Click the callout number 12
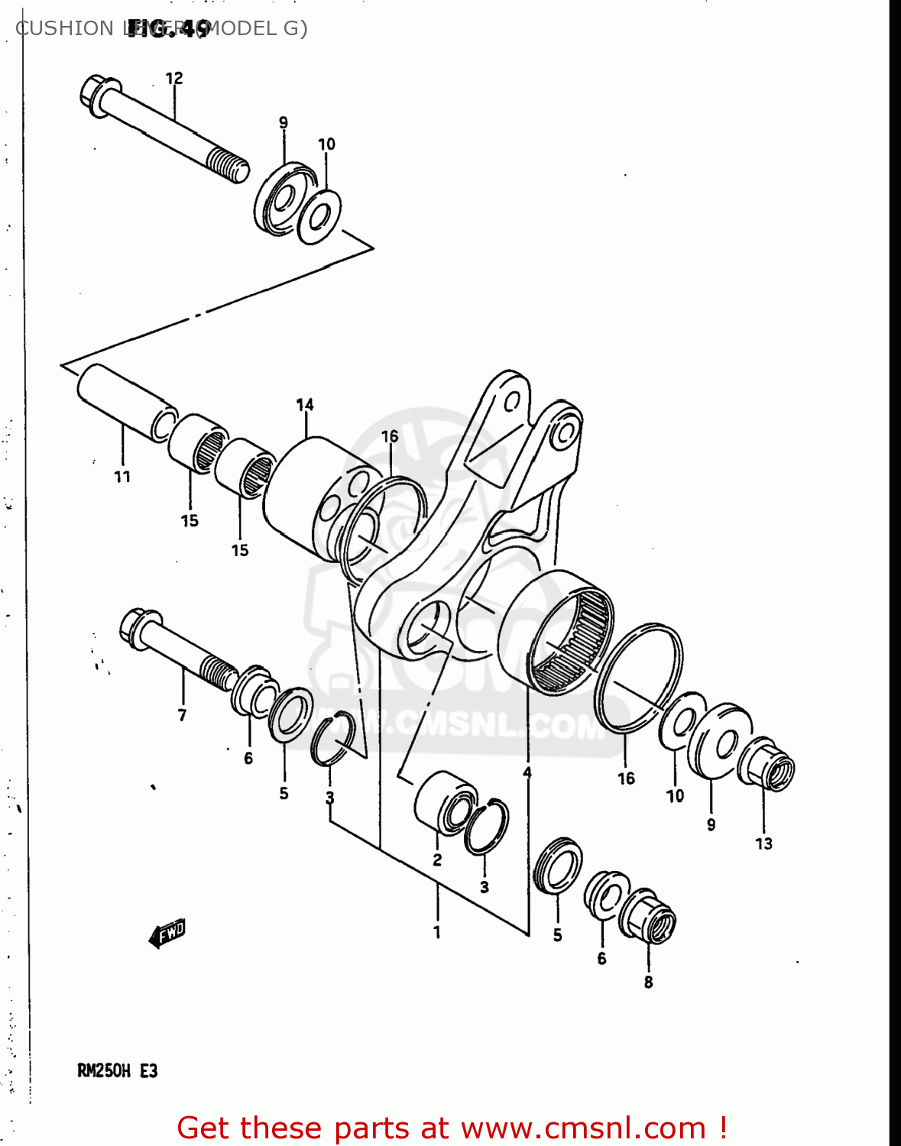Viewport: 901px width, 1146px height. coord(174,78)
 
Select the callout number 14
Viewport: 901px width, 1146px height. coord(305,405)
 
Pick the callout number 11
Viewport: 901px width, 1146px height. coord(122,477)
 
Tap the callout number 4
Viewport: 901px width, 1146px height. coord(527,773)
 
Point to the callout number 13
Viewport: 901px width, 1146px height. coord(763,843)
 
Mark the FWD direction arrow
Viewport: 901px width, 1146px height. coord(167,933)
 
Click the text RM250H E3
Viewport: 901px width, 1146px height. coord(118,1071)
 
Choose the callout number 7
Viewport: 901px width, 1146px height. coord(182,715)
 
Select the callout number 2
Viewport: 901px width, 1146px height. coord(437,859)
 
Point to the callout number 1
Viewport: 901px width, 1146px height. coord(437,932)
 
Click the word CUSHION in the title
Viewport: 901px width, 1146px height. coord(64,28)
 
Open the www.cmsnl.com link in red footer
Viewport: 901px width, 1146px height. coord(584,1128)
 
